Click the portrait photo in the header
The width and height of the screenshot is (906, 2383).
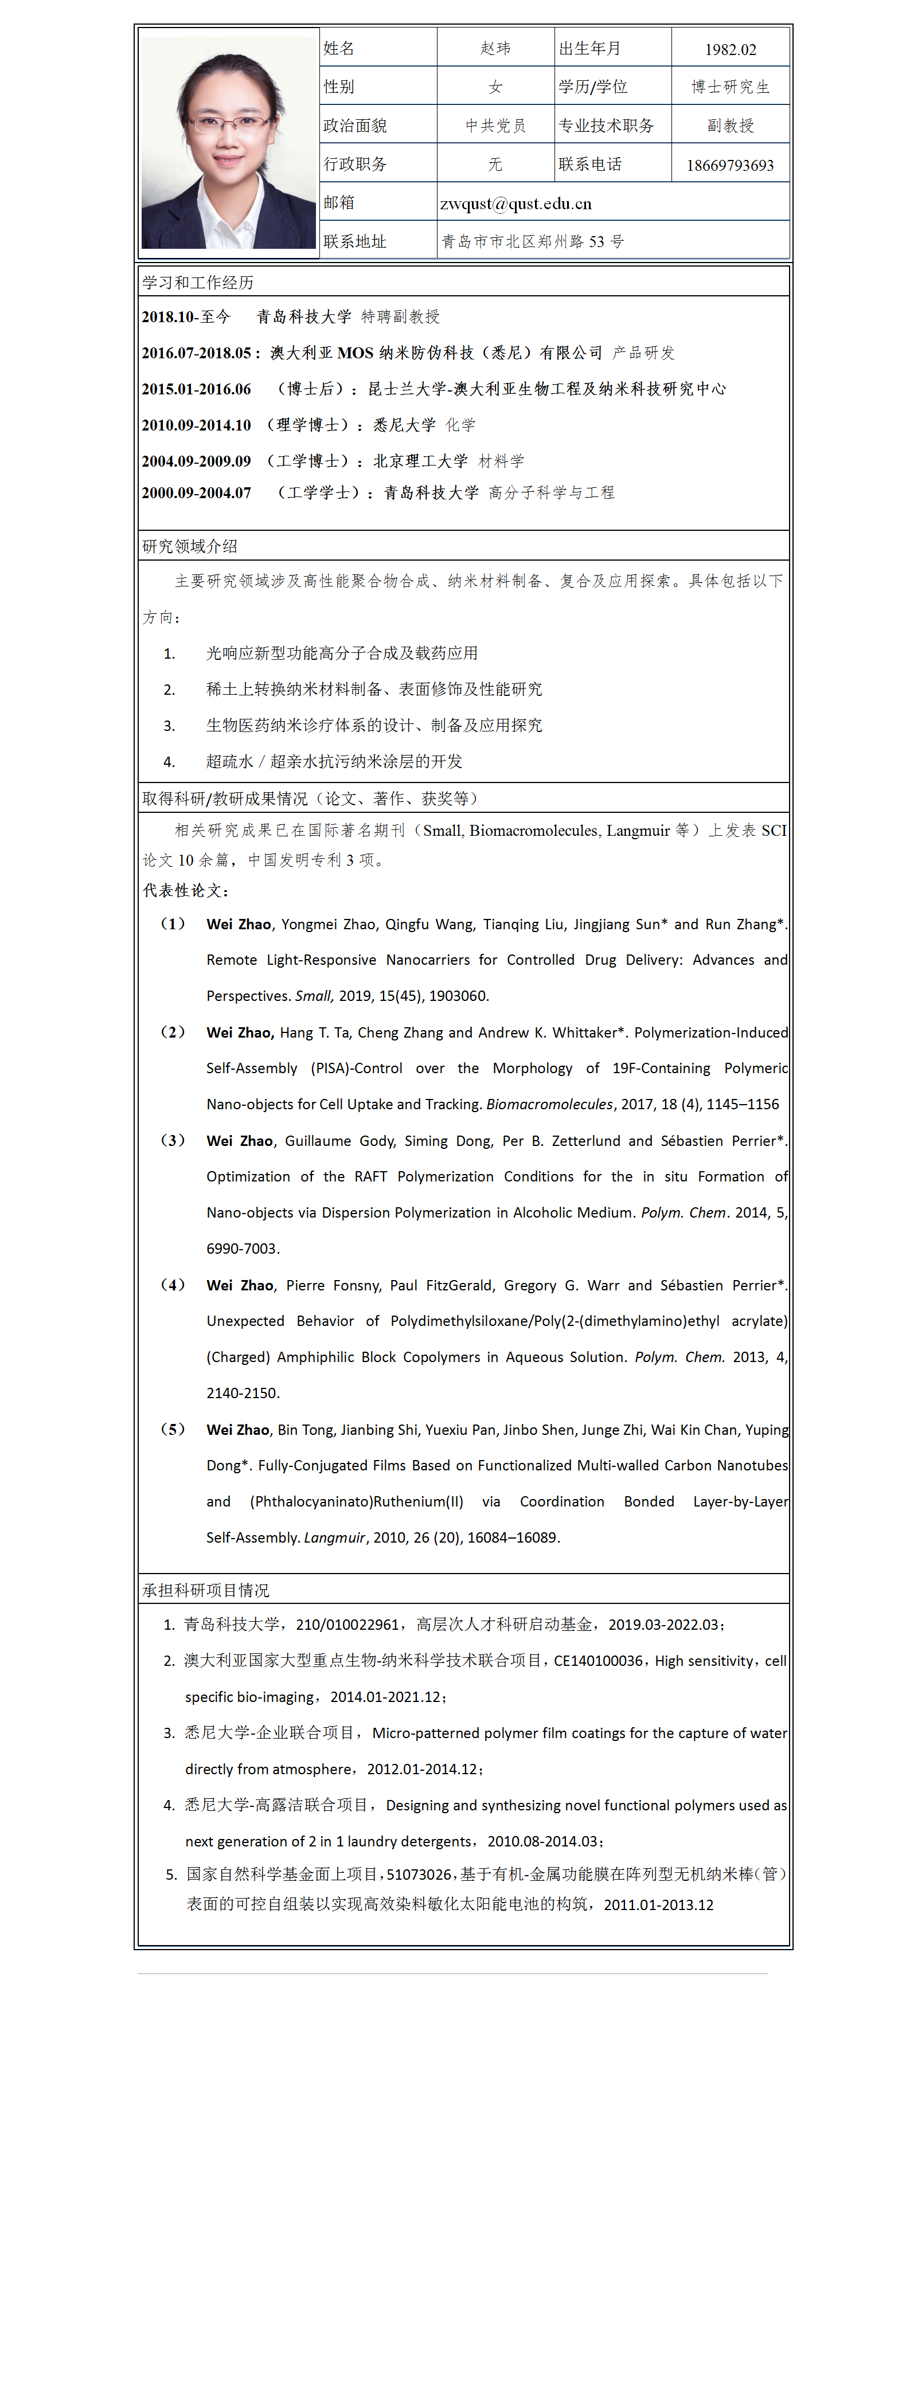(229, 139)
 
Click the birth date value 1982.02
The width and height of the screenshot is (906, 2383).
(730, 49)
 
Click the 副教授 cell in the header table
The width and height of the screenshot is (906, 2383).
(730, 126)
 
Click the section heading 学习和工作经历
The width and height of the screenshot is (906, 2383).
(198, 282)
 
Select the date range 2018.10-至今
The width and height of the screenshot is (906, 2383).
(186, 316)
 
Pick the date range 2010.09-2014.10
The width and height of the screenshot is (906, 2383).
(196, 425)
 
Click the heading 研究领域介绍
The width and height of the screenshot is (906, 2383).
(190, 546)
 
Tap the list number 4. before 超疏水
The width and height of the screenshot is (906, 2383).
(169, 761)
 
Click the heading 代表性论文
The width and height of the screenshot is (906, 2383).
(185, 890)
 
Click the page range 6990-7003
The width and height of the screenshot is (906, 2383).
(243, 1248)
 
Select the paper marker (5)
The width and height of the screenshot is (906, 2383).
(173, 1429)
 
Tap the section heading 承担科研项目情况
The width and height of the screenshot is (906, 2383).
(205, 1589)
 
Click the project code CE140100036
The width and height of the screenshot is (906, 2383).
(598, 1661)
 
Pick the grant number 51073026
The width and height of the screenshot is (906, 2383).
(418, 1873)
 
